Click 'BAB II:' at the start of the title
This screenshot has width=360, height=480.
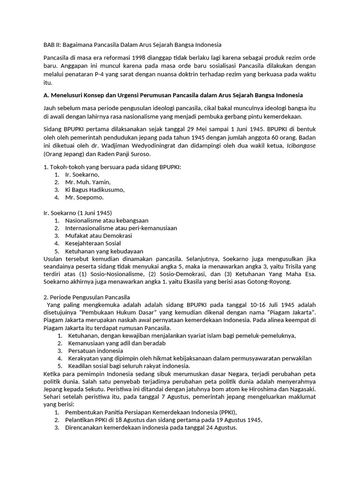(52, 45)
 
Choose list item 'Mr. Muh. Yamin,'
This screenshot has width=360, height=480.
(88, 182)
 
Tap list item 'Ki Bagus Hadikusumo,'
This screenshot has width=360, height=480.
(95, 190)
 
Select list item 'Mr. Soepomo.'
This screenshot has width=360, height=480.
(84, 197)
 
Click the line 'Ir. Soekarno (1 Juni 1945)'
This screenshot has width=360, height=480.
(78, 212)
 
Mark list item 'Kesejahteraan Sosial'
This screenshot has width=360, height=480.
(93, 243)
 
